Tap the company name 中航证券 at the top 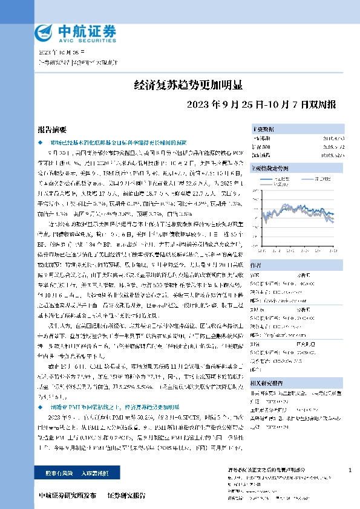pos(85,30)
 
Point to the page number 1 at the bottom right pos(351,470)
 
